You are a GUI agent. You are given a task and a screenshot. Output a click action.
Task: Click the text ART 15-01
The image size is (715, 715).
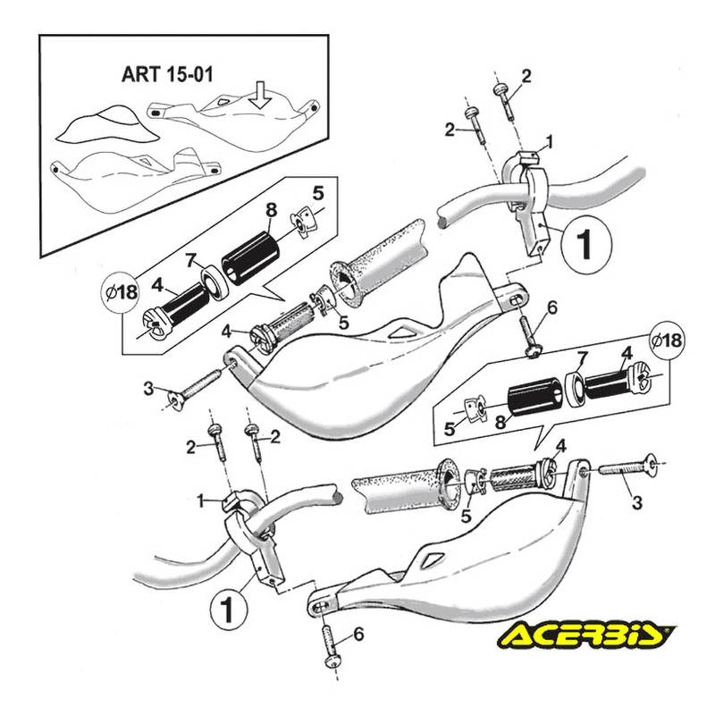[x=167, y=74]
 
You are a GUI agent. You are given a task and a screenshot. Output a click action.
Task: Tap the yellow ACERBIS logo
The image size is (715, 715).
[x=587, y=635]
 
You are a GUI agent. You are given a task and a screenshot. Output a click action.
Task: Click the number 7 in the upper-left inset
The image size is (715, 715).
[x=189, y=260]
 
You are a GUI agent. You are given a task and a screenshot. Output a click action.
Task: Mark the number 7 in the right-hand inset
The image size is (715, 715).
[x=583, y=358]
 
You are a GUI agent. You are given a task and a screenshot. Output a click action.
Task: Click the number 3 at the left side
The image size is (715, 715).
[x=148, y=389]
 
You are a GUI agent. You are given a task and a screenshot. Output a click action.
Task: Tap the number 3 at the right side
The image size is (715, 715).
[x=636, y=504]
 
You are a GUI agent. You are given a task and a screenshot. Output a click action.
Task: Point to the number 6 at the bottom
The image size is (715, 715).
[x=358, y=634]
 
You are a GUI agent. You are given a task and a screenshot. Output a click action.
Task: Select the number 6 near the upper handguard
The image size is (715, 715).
[x=551, y=308]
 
